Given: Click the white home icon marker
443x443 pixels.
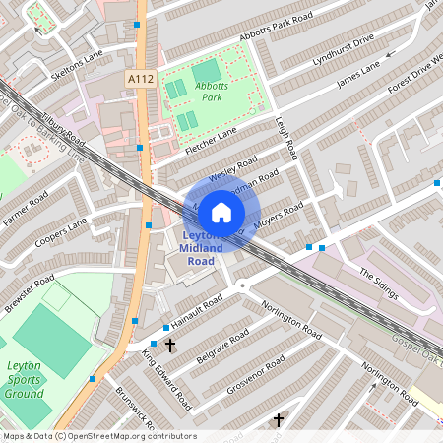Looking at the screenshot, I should pyautogui.click(x=221, y=212).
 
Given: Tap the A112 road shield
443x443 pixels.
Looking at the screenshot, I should pyautogui.click(x=140, y=75).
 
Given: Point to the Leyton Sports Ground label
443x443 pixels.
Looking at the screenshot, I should pyautogui.click(x=24, y=378).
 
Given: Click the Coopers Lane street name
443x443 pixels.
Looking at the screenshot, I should pyautogui.click(x=61, y=236).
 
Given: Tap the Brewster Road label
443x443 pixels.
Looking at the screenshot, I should pyautogui.click(x=29, y=292).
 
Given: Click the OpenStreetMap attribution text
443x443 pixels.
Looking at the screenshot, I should pyautogui.click(x=98, y=436).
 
